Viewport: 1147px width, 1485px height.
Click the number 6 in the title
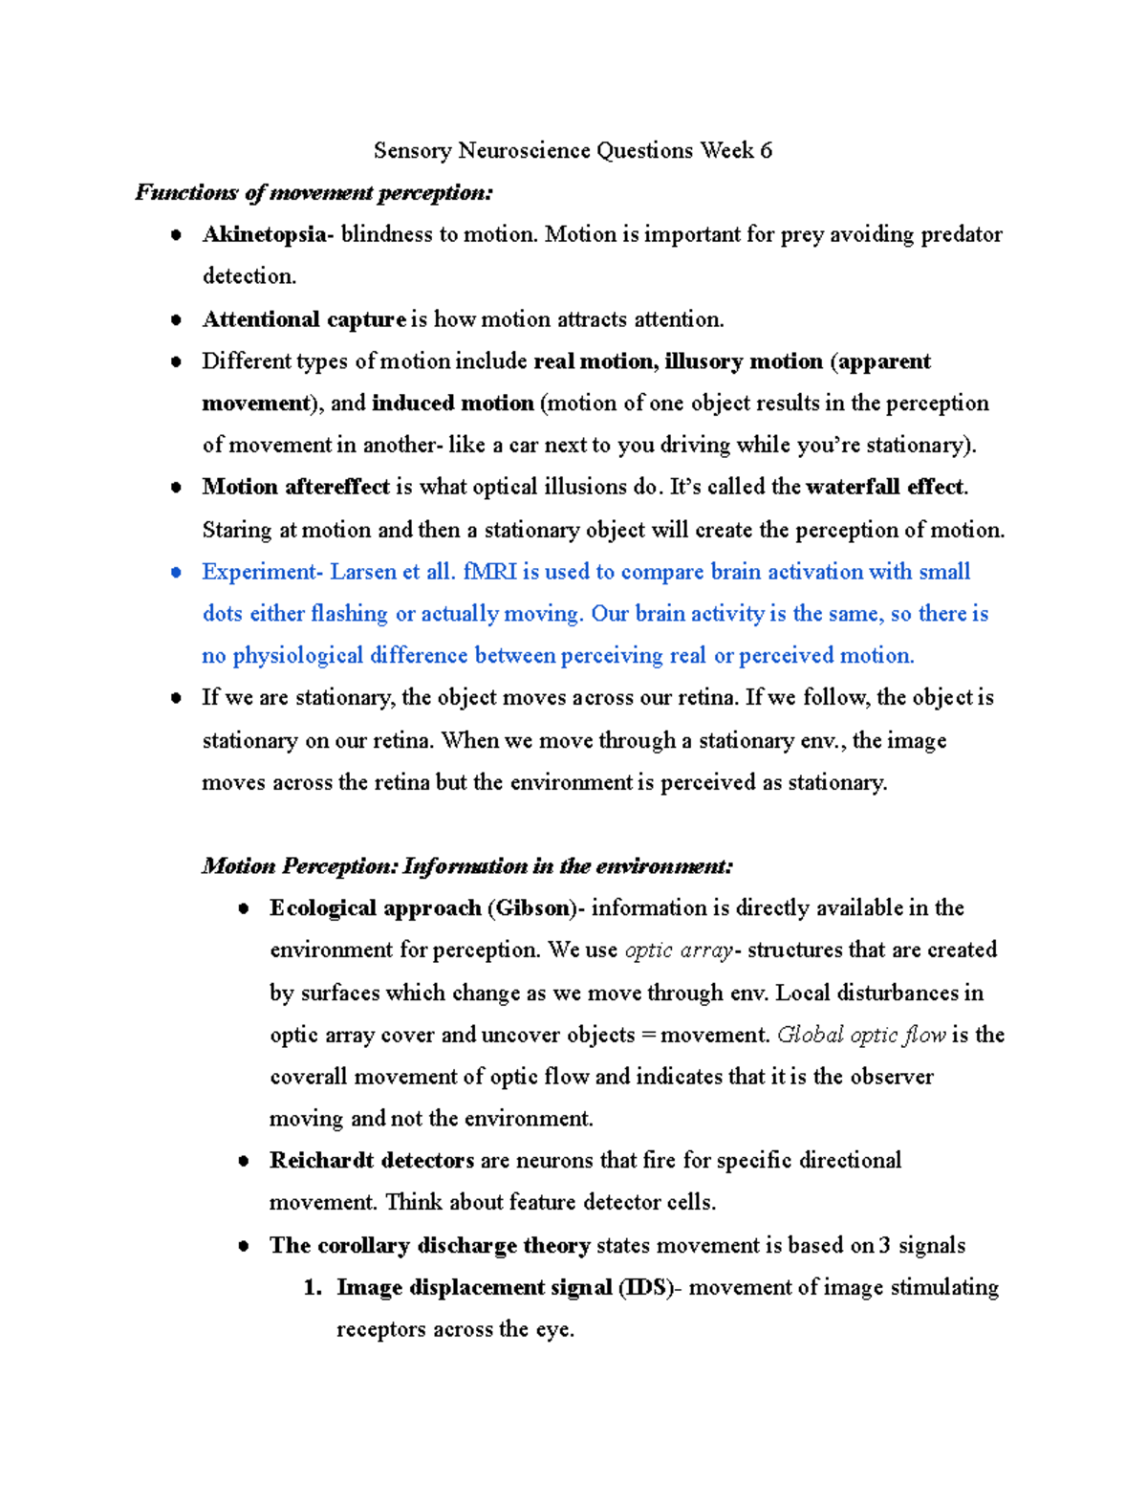pyautogui.click(x=766, y=151)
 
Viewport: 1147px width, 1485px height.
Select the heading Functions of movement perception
pyautogui.click(x=314, y=193)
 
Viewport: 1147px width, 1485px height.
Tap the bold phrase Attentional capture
pyautogui.click(x=304, y=319)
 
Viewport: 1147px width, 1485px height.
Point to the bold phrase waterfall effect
pyautogui.click(x=886, y=487)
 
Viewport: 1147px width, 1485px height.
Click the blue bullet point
pyautogui.click(x=176, y=573)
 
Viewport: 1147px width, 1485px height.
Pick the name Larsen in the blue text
pyautogui.click(x=362, y=572)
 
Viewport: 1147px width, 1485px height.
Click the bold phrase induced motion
pyautogui.click(x=452, y=404)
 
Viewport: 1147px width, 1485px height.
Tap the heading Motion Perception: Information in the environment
pyautogui.click(x=467, y=866)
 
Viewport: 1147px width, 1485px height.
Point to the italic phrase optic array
pyautogui.click(x=678, y=950)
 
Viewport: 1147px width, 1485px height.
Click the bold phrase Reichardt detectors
pyautogui.click(x=372, y=1161)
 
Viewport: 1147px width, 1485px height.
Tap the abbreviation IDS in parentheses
pyautogui.click(x=645, y=1288)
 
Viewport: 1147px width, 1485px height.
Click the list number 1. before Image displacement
pyautogui.click(x=312, y=1288)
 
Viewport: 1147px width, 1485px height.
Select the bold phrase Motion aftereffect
pyautogui.click(x=295, y=487)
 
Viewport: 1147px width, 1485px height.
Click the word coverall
pyautogui.click(x=308, y=1077)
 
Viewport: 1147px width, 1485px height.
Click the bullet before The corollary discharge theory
pyautogui.click(x=245, y=1246)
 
